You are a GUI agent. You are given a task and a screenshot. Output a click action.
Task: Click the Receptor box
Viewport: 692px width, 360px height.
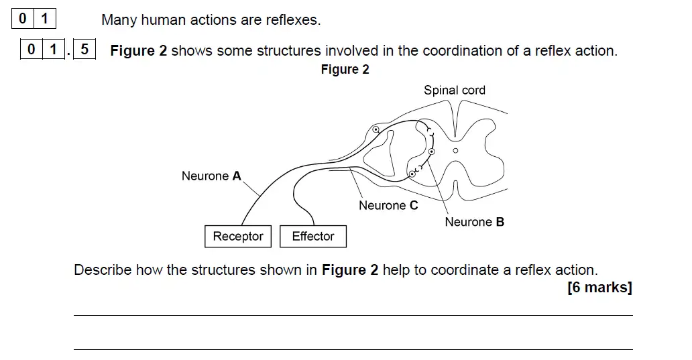tap(237, 237)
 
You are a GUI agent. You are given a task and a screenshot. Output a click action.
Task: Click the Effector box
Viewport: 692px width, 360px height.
tap(312, 237)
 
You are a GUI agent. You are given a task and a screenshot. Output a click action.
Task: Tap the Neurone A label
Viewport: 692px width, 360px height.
tap(211, 176)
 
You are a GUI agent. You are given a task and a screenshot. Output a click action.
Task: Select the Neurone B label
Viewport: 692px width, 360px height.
tap(474, 222)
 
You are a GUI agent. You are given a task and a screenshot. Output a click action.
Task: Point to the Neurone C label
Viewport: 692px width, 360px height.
tap(388, 206)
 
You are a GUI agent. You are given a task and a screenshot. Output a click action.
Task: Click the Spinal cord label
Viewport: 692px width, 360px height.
tap(454, 91)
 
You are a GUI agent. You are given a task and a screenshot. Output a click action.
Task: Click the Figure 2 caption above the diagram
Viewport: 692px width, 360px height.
tap(345, 70)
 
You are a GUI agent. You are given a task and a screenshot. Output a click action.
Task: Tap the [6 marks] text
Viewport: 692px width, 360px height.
tap(599, 288)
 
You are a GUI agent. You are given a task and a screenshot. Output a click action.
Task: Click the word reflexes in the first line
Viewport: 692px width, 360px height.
tap(293, 20)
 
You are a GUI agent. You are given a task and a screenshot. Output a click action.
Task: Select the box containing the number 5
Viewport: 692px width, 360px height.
tap(84, 50)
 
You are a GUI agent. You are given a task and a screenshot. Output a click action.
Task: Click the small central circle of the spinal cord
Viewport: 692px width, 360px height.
tap(455, 151)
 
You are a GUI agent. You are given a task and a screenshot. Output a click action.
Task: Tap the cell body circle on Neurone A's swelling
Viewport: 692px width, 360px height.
tap(376, 129)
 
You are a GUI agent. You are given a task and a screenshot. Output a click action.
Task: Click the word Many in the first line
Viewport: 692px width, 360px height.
tap(119, 20)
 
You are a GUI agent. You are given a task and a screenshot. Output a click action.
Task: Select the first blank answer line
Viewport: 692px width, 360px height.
tap(353, 315)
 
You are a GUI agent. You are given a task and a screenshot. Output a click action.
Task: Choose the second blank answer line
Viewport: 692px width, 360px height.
tap(353, 349)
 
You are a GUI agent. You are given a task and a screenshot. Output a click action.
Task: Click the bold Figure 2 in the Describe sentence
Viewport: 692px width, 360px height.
tap(350, 270)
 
